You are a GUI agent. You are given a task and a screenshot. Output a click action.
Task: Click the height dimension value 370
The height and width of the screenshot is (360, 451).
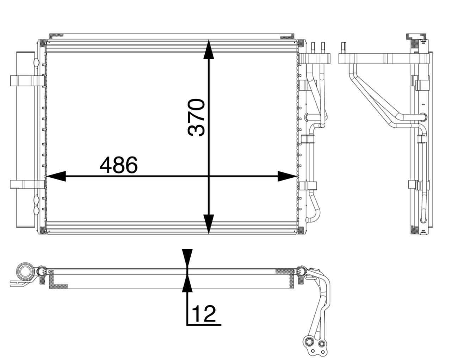click(197, 117)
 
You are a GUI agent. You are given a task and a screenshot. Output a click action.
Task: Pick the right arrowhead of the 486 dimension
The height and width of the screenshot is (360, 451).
click(286, 176)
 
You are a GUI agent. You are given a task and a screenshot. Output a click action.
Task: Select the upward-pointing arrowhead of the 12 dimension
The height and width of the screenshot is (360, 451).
click(187, 284)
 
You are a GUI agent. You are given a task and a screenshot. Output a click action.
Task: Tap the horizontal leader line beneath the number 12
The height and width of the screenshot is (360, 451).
click(204, 324)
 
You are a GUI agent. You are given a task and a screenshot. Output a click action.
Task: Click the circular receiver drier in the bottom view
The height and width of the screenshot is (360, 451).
click(25, 272)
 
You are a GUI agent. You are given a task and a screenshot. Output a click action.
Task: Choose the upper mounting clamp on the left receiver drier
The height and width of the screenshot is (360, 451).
click(27, 80)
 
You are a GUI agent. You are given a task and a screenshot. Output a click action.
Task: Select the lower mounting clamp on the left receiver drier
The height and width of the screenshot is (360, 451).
click(27, 185)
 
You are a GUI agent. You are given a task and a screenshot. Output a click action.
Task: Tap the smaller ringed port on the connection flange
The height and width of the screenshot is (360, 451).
click(322, 344)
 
